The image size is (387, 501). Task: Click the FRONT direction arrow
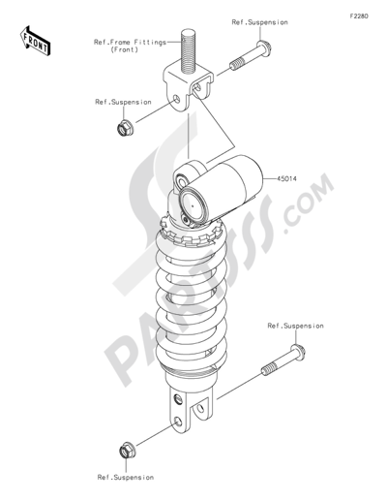tap(35, 41)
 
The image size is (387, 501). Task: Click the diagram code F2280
tap(359, 16)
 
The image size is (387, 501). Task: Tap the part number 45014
tap(287, 178)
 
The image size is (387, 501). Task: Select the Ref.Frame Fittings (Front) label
tap(130, 46)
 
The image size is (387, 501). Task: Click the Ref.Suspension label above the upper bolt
tap(259, 22)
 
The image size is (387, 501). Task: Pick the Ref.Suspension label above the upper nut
tap(123, 102)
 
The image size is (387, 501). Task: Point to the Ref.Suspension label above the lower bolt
tap(295, 326)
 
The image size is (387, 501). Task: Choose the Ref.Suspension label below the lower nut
tap(126, 477)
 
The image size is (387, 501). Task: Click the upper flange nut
tap(125, 128)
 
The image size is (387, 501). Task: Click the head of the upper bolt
tap(264, 47)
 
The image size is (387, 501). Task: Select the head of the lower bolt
tap(298, 352)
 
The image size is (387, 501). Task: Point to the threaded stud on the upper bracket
tap(188, 50)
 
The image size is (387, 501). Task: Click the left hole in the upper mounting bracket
tap(176, 99)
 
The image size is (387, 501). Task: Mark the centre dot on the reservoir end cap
tap(192, 205)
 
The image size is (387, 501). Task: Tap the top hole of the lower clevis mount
tap(178, 399)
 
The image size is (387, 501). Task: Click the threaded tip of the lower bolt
tap(269, 369)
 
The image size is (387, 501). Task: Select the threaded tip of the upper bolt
tap(237, 63)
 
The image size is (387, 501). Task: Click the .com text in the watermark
tap(308, 203)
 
